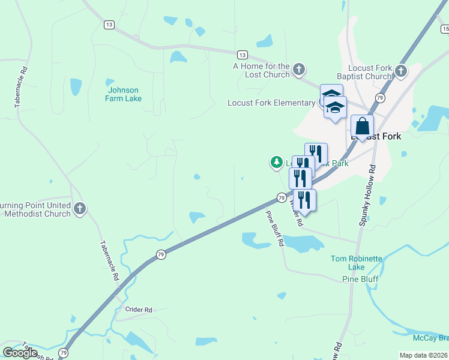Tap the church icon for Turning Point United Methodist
coord(80,209)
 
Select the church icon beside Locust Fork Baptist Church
coord(401,72)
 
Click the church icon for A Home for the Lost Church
coord(299,71)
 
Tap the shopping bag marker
coord(362,127)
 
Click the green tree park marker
coord(276,162)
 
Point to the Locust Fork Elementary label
coord(271,103)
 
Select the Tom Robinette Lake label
coord(357,263)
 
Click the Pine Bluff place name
coord(359,279)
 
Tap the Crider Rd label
coord(139,310)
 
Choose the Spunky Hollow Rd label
coord(367,196)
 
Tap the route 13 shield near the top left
coord(109,25)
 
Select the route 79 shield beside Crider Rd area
coord(161,255)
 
